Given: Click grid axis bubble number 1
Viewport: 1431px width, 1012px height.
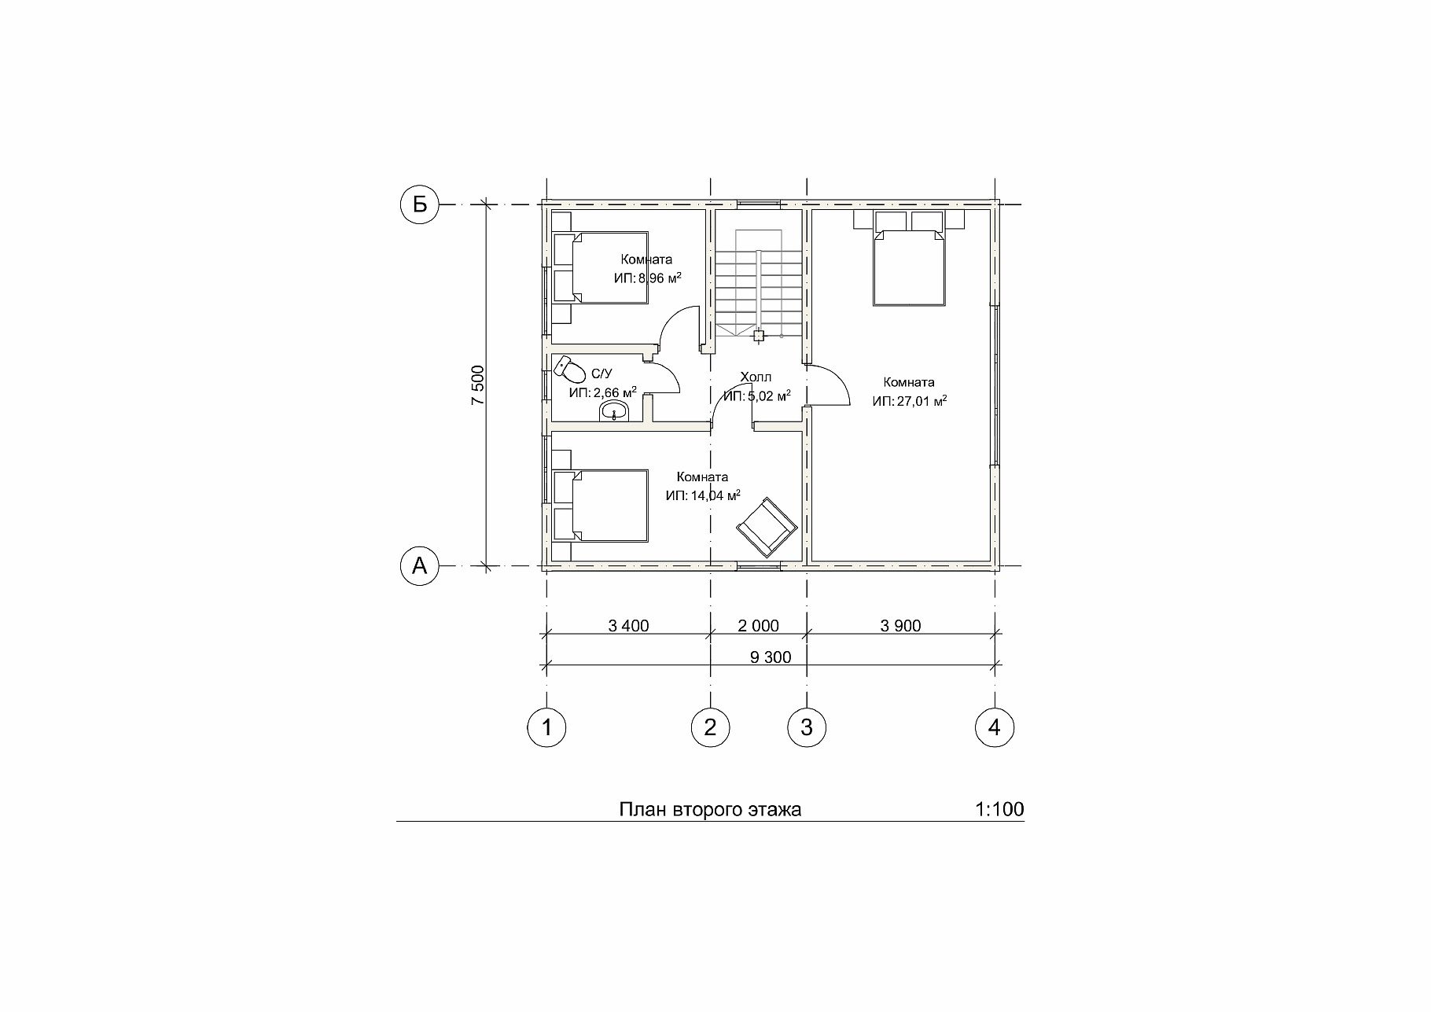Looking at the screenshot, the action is [546, 727].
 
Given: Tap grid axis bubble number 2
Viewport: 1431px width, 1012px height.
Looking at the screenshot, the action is [711, 727].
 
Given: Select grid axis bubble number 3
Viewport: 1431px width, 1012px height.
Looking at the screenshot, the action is [807, 727].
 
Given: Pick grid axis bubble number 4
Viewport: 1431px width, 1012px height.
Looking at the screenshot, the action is [995, 727].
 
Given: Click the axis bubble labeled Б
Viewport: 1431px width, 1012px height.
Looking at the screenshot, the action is [419, 204].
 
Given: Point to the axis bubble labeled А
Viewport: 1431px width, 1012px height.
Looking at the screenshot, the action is [419, 565].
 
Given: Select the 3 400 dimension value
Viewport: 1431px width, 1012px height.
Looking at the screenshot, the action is [628, 626].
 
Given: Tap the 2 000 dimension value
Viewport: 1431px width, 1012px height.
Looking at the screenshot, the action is [759, 626].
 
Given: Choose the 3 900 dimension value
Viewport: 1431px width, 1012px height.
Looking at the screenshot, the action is [900, 626].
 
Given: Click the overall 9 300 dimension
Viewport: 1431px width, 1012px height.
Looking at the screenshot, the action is [771, 657].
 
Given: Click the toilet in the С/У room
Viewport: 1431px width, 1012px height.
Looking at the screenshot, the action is [568, 370].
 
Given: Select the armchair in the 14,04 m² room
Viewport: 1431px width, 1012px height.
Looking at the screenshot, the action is [767, 526].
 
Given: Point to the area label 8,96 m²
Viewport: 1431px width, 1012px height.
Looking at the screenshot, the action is [648, 278].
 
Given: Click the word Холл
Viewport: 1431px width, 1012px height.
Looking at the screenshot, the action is [756, 377].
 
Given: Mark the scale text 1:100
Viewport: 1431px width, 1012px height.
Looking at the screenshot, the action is [999, 809].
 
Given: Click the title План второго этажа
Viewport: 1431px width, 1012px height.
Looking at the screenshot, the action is [710, 810].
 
